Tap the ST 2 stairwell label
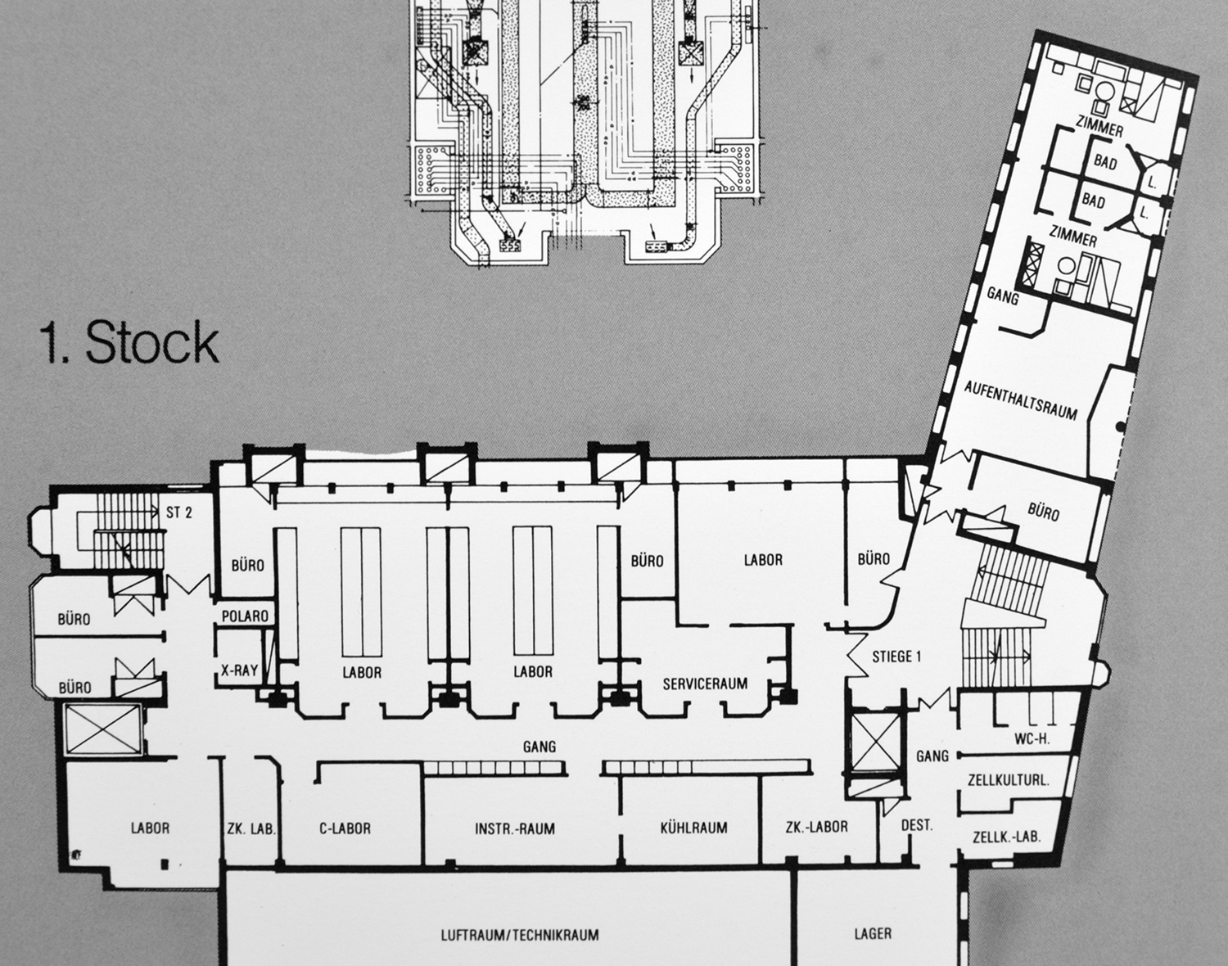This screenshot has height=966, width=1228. [x=179, y=513]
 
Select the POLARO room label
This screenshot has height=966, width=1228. [x=245, y=616]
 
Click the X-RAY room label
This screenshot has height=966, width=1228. [x=240, y=670]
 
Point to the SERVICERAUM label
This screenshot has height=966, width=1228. [x=706, y=684]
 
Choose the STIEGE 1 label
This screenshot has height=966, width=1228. [x=896, y=657]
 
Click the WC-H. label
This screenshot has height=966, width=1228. [x=1032, y=739]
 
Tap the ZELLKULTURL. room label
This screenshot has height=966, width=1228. [x=1009, y=780]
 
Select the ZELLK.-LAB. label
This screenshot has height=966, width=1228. [x=1007, y=837]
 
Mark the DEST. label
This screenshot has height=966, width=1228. [x=916, y=825]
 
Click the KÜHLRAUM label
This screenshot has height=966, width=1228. [x=694, y=828]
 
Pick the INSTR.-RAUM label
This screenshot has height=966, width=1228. [x=515, y=828]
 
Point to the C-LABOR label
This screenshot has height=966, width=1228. [x=345, y=828]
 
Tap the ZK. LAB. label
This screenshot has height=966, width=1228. [x=251, y=828]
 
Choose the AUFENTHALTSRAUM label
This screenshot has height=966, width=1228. [x=1021, y=400]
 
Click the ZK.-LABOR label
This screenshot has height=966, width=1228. [x=816, y=826]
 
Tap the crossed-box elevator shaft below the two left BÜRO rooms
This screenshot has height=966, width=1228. [x=102, y=729]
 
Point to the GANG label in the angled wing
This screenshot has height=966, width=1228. [x=1003, y=296]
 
